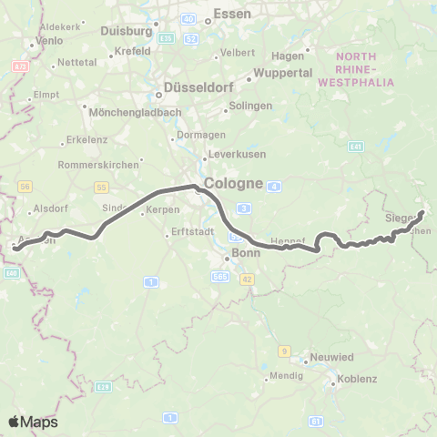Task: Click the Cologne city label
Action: (x=234, y=183)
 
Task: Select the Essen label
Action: (x=231, y=14)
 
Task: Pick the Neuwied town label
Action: (x=331, y=358)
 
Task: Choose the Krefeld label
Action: (x=133, y=51)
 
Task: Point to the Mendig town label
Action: (x=285, y=375)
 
